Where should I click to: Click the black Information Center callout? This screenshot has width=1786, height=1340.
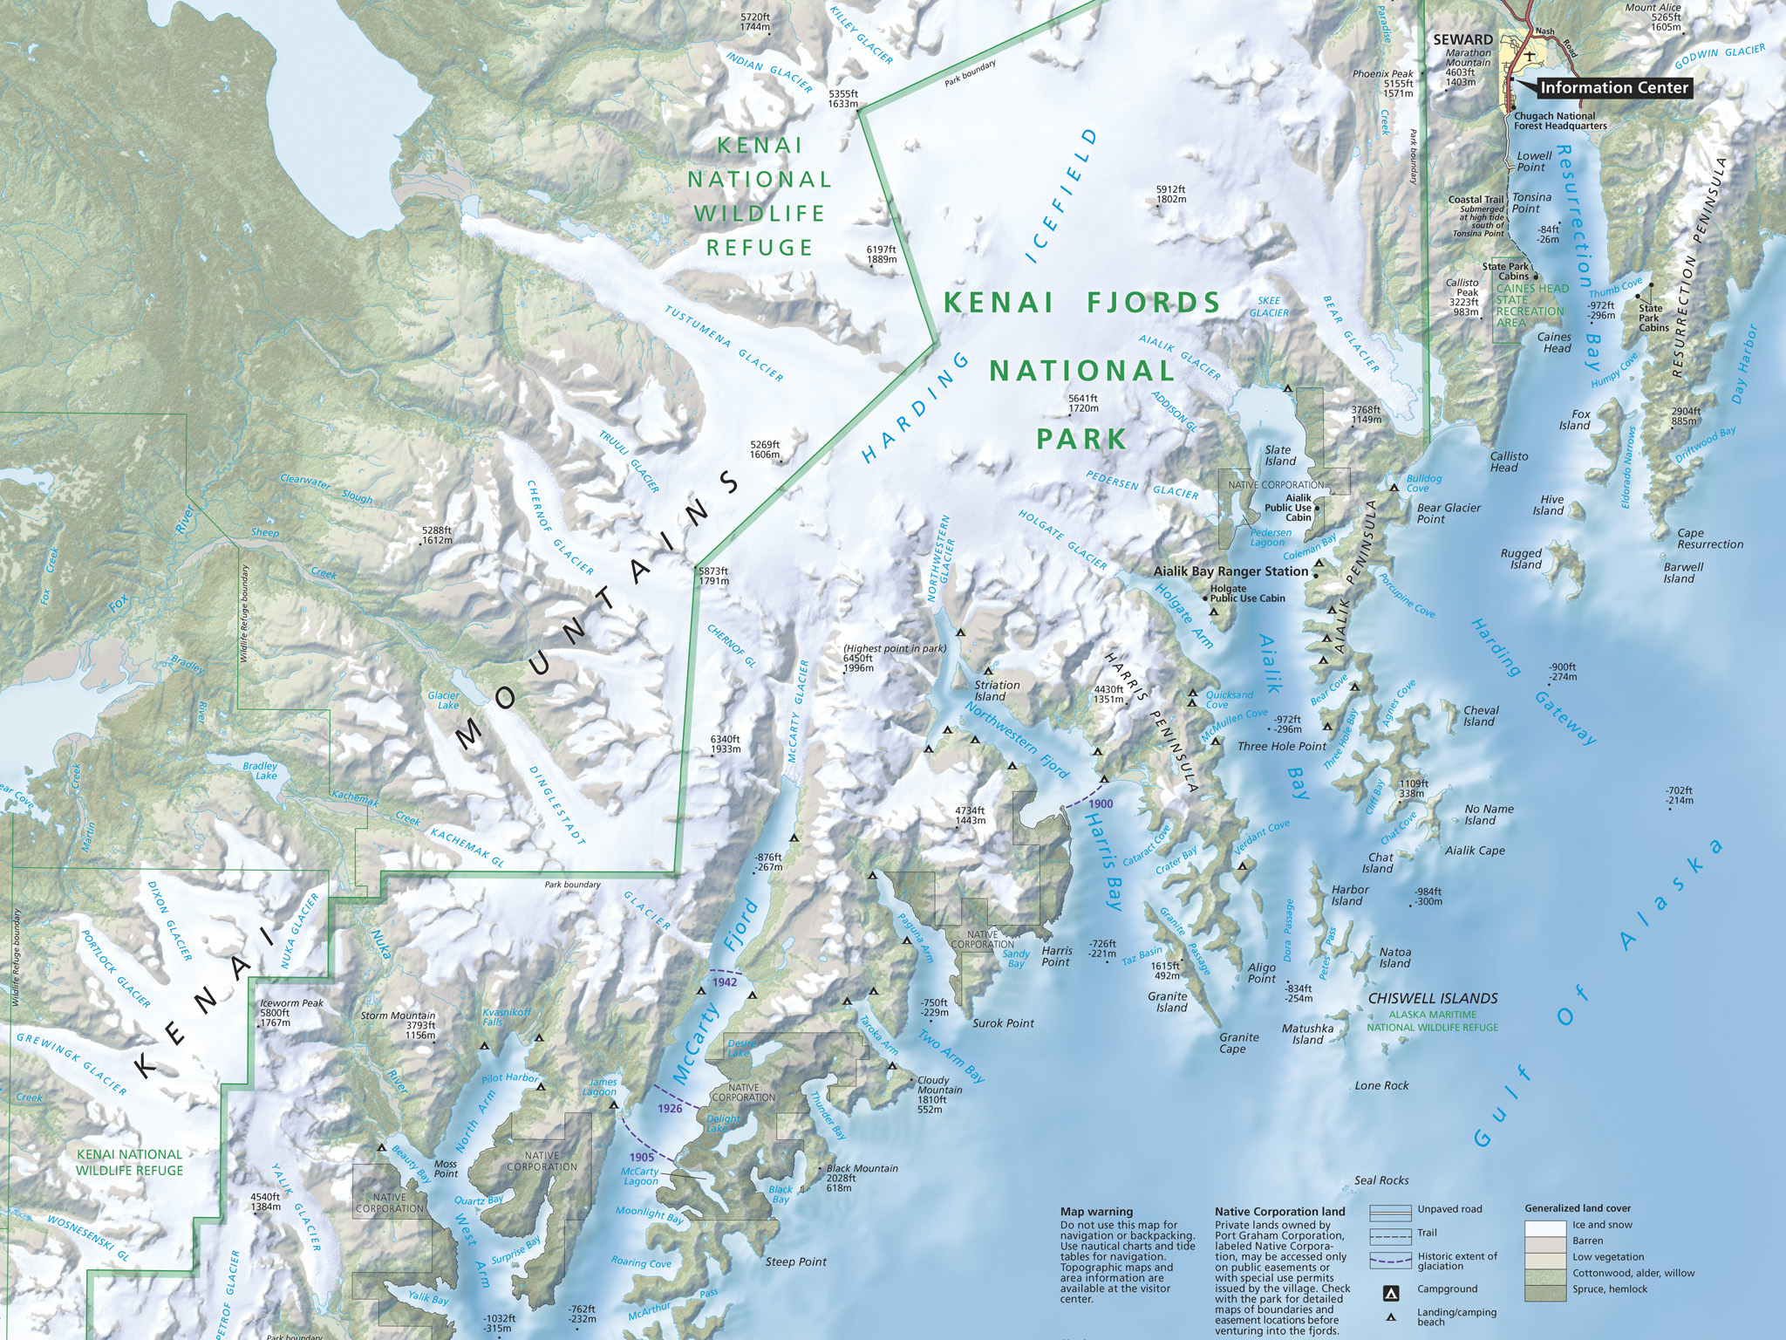click(x=1613, y=87)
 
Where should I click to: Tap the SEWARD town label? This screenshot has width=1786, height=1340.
click(x=1463, y=39)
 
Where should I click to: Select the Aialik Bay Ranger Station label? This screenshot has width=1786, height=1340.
click(x=1230, y=571)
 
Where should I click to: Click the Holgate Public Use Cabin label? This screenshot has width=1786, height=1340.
click(x=1247, y=593)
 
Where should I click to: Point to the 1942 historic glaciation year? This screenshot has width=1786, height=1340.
click(x=725, y=981)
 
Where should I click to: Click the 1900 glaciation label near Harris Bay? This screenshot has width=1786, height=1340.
click(x=1101, y=803)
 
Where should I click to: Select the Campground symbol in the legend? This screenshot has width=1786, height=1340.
click(x=1393, y=1290)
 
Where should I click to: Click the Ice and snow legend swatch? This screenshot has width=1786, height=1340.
click(x=1546, y=1225)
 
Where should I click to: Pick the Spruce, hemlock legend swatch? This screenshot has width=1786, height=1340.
click(x=1546, y=1289)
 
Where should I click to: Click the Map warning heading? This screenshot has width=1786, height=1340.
click(x=1096, y=1212)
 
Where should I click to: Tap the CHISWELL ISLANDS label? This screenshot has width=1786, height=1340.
click(x=1433, y=998)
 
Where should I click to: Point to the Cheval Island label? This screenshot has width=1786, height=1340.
click(x=1481, y=716)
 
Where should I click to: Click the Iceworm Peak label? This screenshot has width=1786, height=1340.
click(x=291, y=1003)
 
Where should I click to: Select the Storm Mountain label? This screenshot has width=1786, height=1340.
click(x=398, y=1015)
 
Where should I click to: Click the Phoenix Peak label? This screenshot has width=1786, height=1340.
click(x=1383, y=74)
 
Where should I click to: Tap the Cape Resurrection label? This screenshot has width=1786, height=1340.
click(x=1709, y=538)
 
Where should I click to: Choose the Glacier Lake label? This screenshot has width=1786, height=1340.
click(x=443, y=700)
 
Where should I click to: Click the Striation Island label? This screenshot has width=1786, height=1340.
click(x=996, y=690)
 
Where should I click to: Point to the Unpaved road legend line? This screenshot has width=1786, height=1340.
click(x=1390, y=1212)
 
